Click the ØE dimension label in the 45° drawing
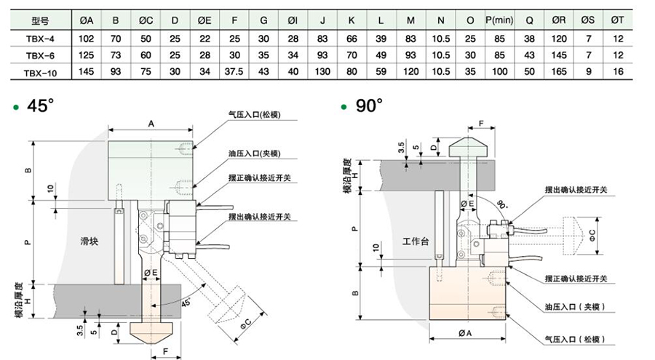151,272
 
